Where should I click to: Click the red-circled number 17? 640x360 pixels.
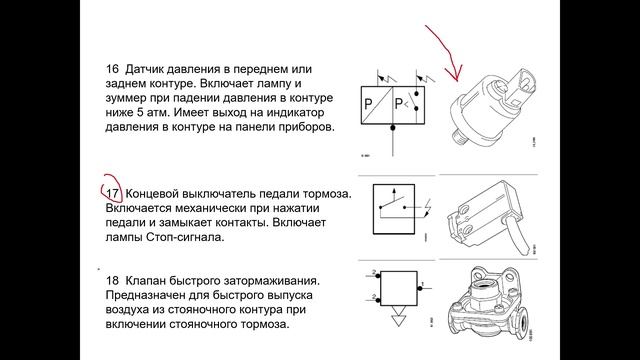(x=112, y=193)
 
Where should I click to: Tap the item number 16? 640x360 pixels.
(x=112, y=69)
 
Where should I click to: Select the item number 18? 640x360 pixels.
(x=112, y=280)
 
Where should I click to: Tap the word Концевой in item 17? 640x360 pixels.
(x=151, y=193)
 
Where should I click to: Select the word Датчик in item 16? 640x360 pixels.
(x=144, y=69)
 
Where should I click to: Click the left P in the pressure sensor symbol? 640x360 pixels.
(x=368, y=104)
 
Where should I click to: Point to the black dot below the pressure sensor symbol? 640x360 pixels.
(x=393, y=128)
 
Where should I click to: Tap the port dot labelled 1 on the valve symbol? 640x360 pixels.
(x=420, y=289)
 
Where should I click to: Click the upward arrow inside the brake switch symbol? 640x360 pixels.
(x=394, y=195)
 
